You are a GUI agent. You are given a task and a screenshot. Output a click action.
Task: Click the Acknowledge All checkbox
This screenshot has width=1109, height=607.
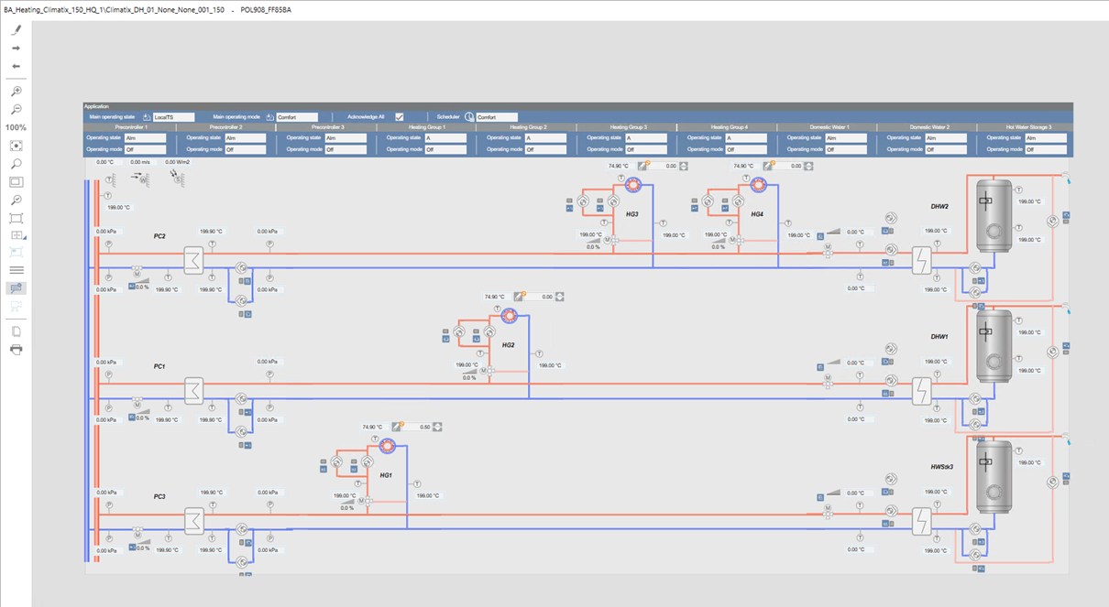400,117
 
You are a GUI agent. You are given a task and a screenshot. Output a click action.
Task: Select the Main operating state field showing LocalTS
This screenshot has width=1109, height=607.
173,117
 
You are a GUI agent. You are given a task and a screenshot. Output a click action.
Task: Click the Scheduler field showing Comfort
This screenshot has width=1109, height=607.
496,117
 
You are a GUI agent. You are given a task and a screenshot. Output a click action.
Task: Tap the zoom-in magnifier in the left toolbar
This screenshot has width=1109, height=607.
16,92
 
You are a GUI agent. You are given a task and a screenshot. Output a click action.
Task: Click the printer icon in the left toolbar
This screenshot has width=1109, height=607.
16,350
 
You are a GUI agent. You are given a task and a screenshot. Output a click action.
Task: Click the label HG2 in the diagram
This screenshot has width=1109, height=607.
508,345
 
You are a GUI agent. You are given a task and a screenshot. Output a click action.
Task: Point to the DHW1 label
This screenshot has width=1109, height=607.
939,337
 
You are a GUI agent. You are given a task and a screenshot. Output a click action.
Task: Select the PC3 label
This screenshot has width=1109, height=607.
159,496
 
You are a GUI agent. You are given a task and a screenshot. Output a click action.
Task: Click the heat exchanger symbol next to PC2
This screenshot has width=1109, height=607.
193,261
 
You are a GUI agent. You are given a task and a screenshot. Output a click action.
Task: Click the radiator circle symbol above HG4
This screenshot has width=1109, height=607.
758,186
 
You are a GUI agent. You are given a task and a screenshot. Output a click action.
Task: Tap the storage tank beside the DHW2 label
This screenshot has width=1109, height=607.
993,215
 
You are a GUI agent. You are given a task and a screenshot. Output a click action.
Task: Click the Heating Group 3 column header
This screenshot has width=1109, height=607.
627,127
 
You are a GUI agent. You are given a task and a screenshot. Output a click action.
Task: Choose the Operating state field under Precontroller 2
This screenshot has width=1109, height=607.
245,138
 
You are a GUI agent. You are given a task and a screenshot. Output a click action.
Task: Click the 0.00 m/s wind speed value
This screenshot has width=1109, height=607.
139,161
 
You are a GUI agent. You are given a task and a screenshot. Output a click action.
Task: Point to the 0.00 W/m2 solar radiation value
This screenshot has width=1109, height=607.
177,161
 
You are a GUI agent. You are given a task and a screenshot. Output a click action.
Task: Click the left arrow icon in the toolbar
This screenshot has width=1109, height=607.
16,66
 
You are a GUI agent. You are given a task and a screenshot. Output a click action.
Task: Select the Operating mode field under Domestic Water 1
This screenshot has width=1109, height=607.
844,149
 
